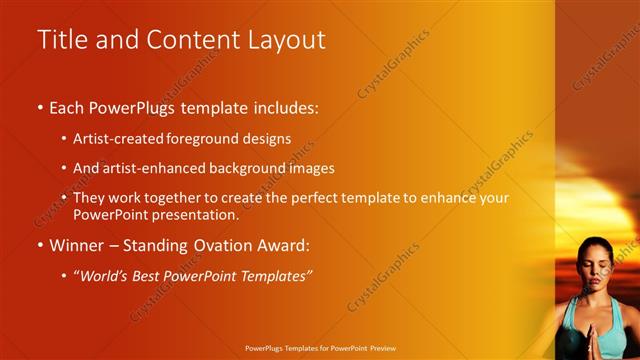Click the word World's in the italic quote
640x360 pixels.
click(x=109, y=275)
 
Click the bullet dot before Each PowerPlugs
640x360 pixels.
click(x=40, y=107)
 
